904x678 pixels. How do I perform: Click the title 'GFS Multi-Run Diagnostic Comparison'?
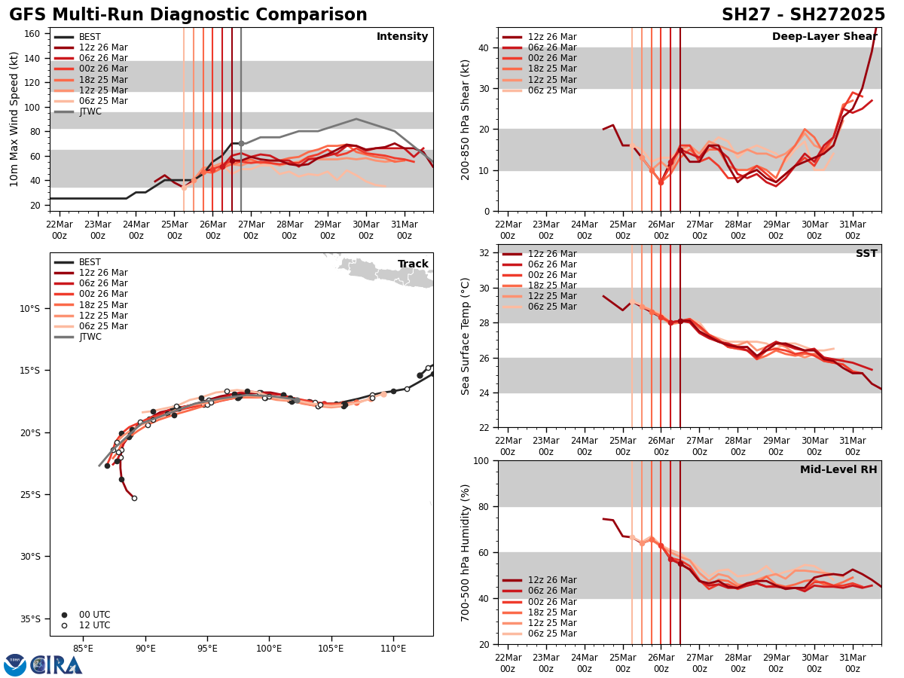coord(188,15)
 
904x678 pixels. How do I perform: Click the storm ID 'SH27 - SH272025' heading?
coord(803,15)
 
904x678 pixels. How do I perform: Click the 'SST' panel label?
coord(866,254)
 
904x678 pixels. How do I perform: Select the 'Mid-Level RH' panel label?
coord(838,470)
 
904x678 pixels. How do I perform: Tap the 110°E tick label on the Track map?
coord(393,647)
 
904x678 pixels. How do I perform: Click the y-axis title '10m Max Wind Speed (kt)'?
coord(14,119)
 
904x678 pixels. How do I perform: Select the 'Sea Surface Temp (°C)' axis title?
coord(466,336)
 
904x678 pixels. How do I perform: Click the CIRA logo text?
coord(56,665)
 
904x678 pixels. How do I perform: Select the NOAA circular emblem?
coord(15,665)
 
